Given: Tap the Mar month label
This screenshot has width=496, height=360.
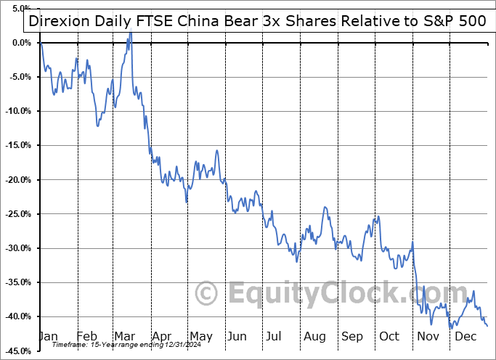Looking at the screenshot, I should pos(123,336).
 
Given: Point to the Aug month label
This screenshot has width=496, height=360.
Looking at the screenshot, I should pos(314,336).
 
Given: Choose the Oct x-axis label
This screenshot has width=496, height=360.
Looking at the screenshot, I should pos(389,336).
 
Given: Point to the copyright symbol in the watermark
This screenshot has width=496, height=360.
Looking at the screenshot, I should pos(208,293).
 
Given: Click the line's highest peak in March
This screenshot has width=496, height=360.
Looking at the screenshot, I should pos(130,33).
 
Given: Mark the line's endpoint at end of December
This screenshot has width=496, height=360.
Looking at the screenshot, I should pos(487,325).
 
